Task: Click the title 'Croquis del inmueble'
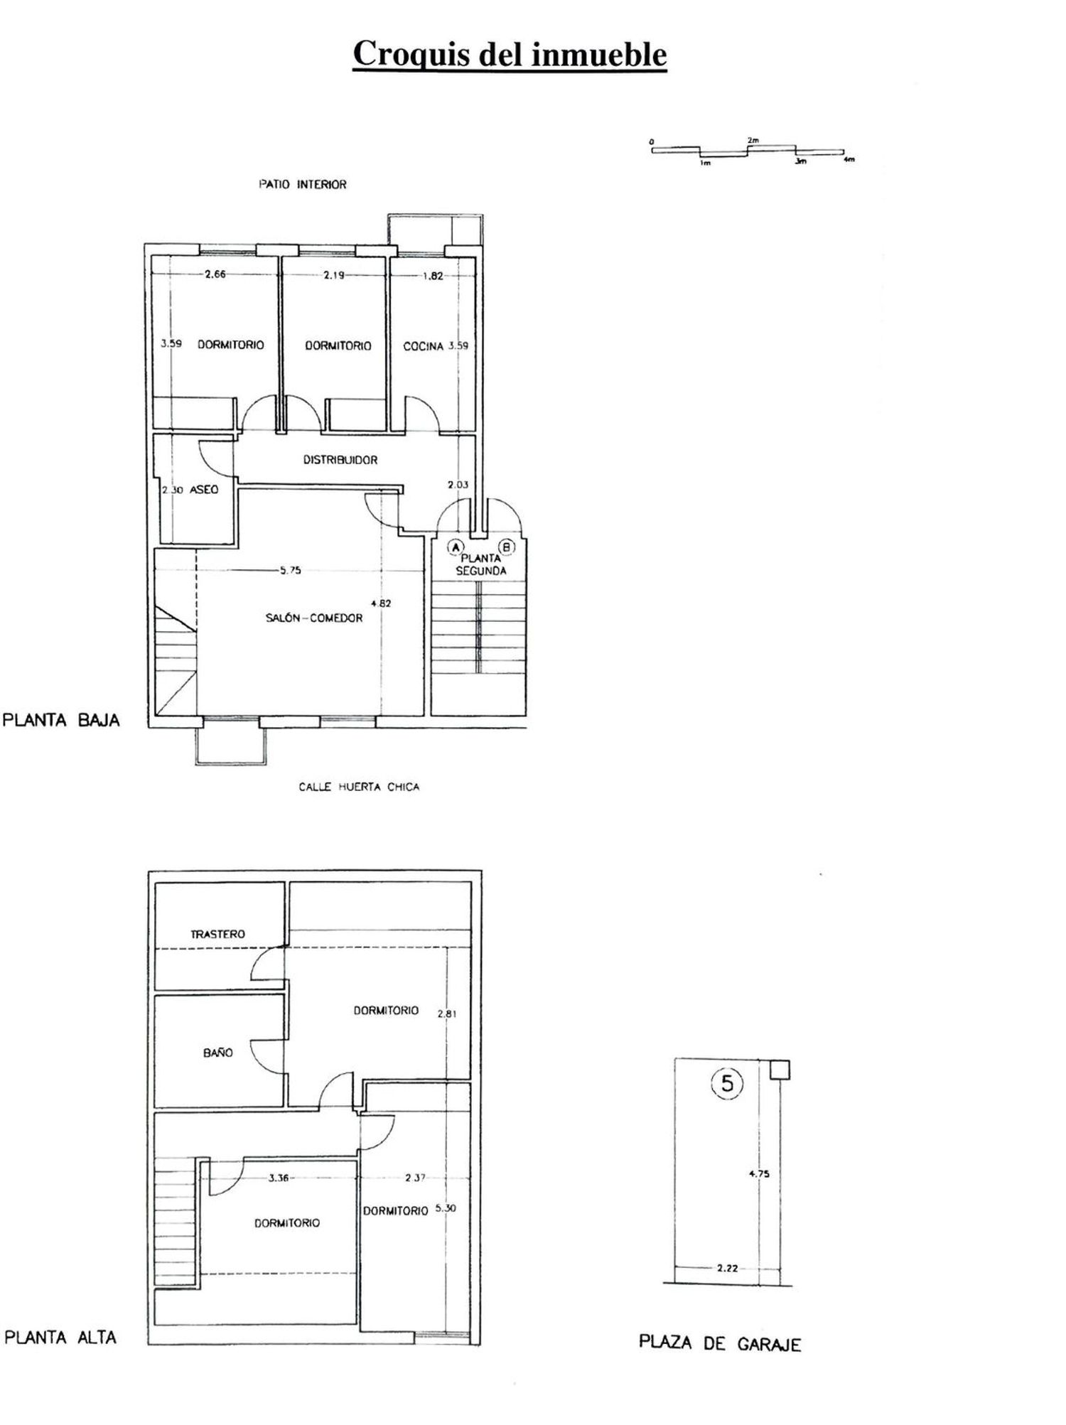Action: click(x=510, y=55)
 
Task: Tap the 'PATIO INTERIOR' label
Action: click(x=302, y=184)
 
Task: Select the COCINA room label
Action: click(x=424, y=346)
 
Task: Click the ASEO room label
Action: click(x=204, y=490)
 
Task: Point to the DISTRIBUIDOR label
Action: click(x=340, y=460)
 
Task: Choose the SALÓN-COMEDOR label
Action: click(x=314, y=618)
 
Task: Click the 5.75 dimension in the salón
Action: click(x=290, y=570)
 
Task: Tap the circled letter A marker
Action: click(x=455, y=547)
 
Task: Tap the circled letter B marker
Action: click(x=507, y=547)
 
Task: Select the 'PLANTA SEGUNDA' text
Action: click(x=481, y=564)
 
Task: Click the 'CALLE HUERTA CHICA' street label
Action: click(x=359, y=787)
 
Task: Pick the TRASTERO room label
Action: click(x=217, y=934)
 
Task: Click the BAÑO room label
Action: click(x=217, y=1053)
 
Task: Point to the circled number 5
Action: click(x=727, y=1083)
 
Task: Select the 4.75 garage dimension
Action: click(x=759, y=1173)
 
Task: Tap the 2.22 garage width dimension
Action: click(x=727, y=1267)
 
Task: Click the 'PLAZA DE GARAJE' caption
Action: click(x=720, y=1343)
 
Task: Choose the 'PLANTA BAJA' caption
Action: click(x=61, y=720)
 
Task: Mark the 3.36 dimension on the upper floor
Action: click(x=279, y=1178)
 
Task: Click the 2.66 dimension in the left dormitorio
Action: click(x=215, y=274)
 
